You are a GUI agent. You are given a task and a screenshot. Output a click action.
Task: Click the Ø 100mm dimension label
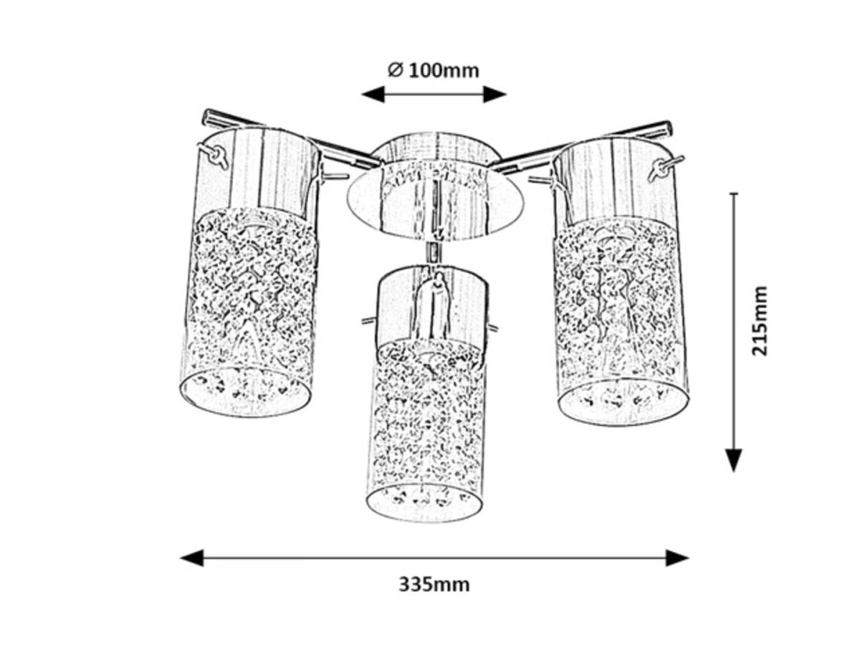pos(433,70)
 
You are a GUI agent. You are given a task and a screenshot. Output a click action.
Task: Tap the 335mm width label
pos(434,584)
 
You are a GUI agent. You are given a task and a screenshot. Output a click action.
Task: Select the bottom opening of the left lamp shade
pos(246,393)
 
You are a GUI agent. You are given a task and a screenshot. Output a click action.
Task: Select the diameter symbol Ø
pos(395,70)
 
